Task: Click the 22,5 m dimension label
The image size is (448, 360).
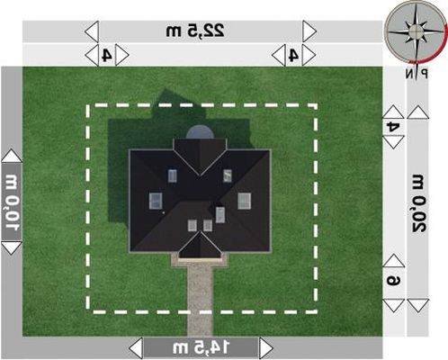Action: (195, 31)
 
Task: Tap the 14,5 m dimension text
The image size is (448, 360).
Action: (202, 347)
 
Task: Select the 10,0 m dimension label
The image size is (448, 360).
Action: (12, 202)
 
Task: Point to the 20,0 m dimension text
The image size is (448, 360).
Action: (417, 203)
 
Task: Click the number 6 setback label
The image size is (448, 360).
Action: (393, 281)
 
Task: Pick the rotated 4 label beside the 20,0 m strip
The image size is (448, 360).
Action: (393, 127)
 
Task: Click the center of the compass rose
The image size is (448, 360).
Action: (416, 31)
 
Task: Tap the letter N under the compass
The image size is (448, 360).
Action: (409, 73)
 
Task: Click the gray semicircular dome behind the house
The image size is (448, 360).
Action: (200, 132)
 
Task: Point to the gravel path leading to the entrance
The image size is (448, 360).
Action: (200, 300)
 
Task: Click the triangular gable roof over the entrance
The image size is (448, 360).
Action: (200, 246)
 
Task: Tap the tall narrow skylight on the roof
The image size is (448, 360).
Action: (220, 215)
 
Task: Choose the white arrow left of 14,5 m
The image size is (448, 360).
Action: (136, 347)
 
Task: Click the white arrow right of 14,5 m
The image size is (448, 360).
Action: (266, 347)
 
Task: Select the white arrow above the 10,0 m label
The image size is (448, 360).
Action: (12, 156)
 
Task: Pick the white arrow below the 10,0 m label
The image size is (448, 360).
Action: (12, 248)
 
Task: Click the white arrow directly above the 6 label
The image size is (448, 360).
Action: (393, 260)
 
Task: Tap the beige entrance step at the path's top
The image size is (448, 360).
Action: (200, 260)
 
